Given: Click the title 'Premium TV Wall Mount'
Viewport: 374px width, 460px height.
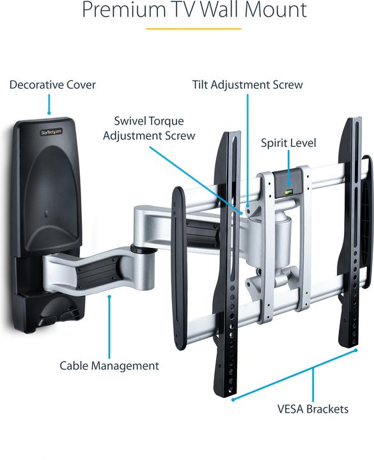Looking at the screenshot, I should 194,10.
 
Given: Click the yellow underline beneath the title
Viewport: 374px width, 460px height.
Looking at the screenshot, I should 194,28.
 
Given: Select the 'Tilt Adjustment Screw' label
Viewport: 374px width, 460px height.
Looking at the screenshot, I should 247,84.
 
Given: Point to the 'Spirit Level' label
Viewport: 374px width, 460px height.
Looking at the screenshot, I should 288,143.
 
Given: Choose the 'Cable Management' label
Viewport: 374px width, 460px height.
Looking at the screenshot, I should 109,366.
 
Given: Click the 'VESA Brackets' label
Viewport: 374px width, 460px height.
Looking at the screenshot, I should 313,409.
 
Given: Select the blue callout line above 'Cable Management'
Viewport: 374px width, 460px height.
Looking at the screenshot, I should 109,326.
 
